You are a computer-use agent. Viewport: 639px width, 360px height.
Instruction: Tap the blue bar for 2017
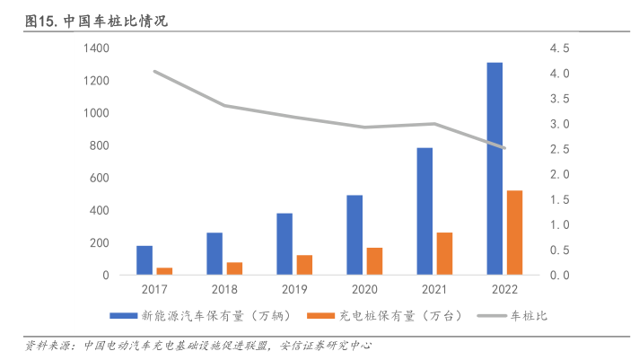(x=144, y=259)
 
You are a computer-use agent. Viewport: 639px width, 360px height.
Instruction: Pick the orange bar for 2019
(x=304, y=265)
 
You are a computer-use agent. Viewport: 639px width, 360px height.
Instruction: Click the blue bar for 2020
(x=355, y=234)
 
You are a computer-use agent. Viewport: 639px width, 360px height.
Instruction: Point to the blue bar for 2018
(x=214, y=253)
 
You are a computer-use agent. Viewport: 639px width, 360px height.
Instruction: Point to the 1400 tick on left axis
(x=96, y=48)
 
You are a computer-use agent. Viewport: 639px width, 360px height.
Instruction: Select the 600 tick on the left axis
(x=100, y=178)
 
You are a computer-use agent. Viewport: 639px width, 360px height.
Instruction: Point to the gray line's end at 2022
(x=505, y=148)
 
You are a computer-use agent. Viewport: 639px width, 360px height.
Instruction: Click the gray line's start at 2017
(x=155, y=71)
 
